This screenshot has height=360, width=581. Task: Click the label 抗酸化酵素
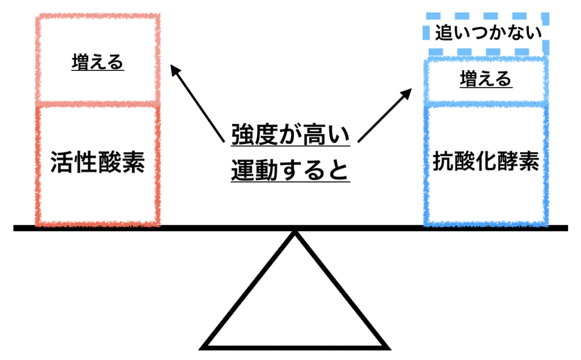coord(486,163)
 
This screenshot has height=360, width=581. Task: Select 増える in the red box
coord(98,62)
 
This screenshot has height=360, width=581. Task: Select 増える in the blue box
coord(486,79)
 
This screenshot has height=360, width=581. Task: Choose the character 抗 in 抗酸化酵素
coord(444,163)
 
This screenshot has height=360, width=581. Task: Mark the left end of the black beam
coord(16,228)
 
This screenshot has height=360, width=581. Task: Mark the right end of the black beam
coord(565,228)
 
